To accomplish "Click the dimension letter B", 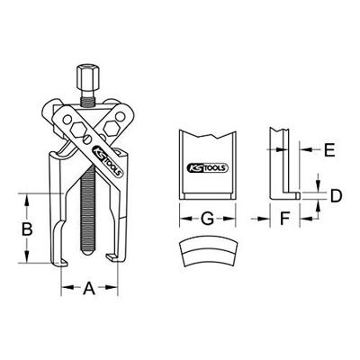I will (27, 229).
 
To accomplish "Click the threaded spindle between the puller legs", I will (89, 216).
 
